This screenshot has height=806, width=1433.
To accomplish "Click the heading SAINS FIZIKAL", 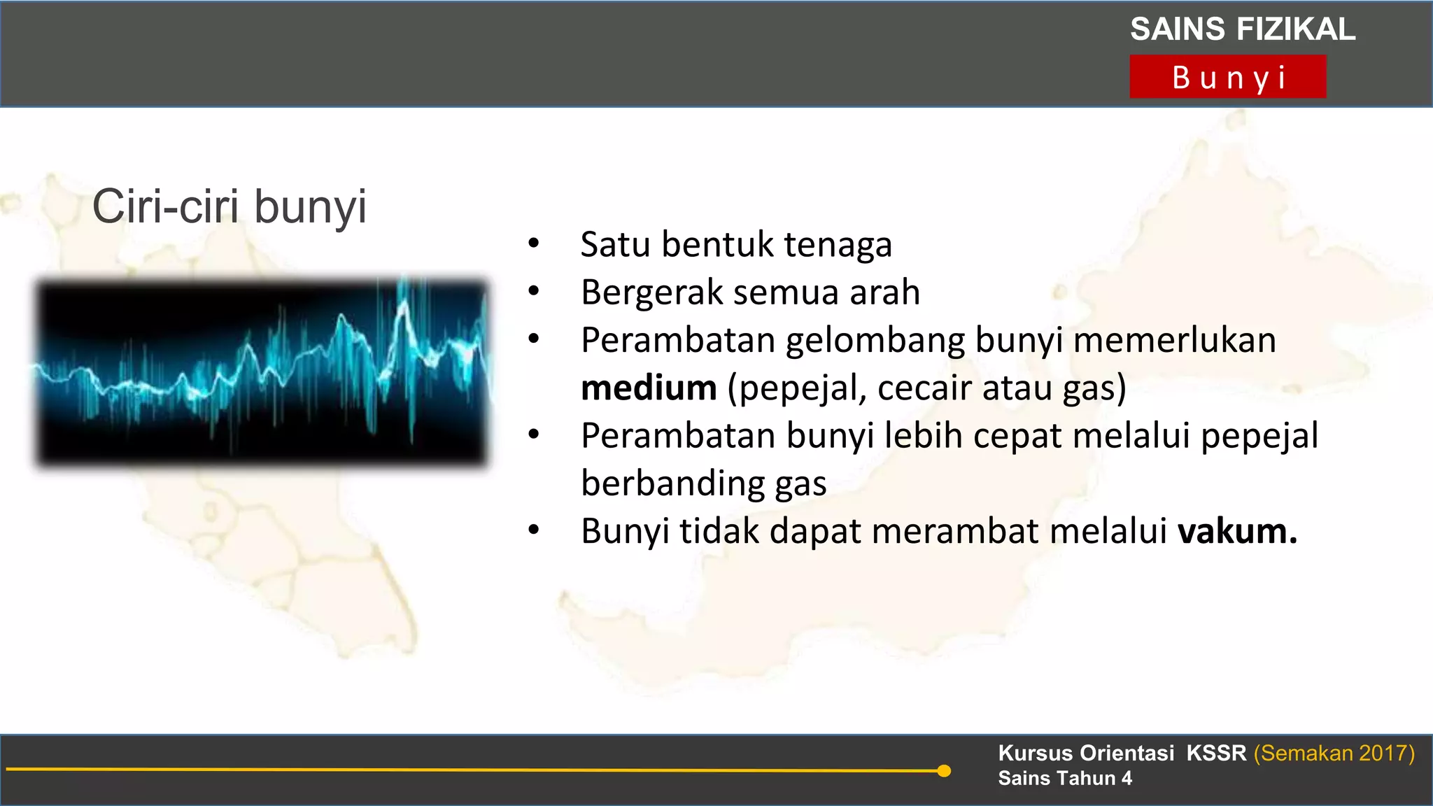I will [1243, 29].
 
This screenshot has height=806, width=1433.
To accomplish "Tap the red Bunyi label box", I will [1227, 77].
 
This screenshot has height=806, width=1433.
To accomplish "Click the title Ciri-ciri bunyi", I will [230, 206].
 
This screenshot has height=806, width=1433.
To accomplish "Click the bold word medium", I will [649, 388].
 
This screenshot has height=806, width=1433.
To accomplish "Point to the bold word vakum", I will [1237, 531].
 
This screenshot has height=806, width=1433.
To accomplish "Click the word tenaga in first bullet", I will [838, 245].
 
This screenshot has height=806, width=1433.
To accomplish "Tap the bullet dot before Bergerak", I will [534, 292].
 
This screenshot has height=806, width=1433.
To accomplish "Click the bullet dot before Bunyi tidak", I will [534, 531].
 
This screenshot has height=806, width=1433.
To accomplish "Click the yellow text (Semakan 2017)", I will [1334, 753].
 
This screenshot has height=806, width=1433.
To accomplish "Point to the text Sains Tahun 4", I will [1064, 778].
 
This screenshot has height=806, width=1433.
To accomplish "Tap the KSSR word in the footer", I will [1216, 753].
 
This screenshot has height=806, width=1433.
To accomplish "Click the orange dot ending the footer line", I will [944, 771].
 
